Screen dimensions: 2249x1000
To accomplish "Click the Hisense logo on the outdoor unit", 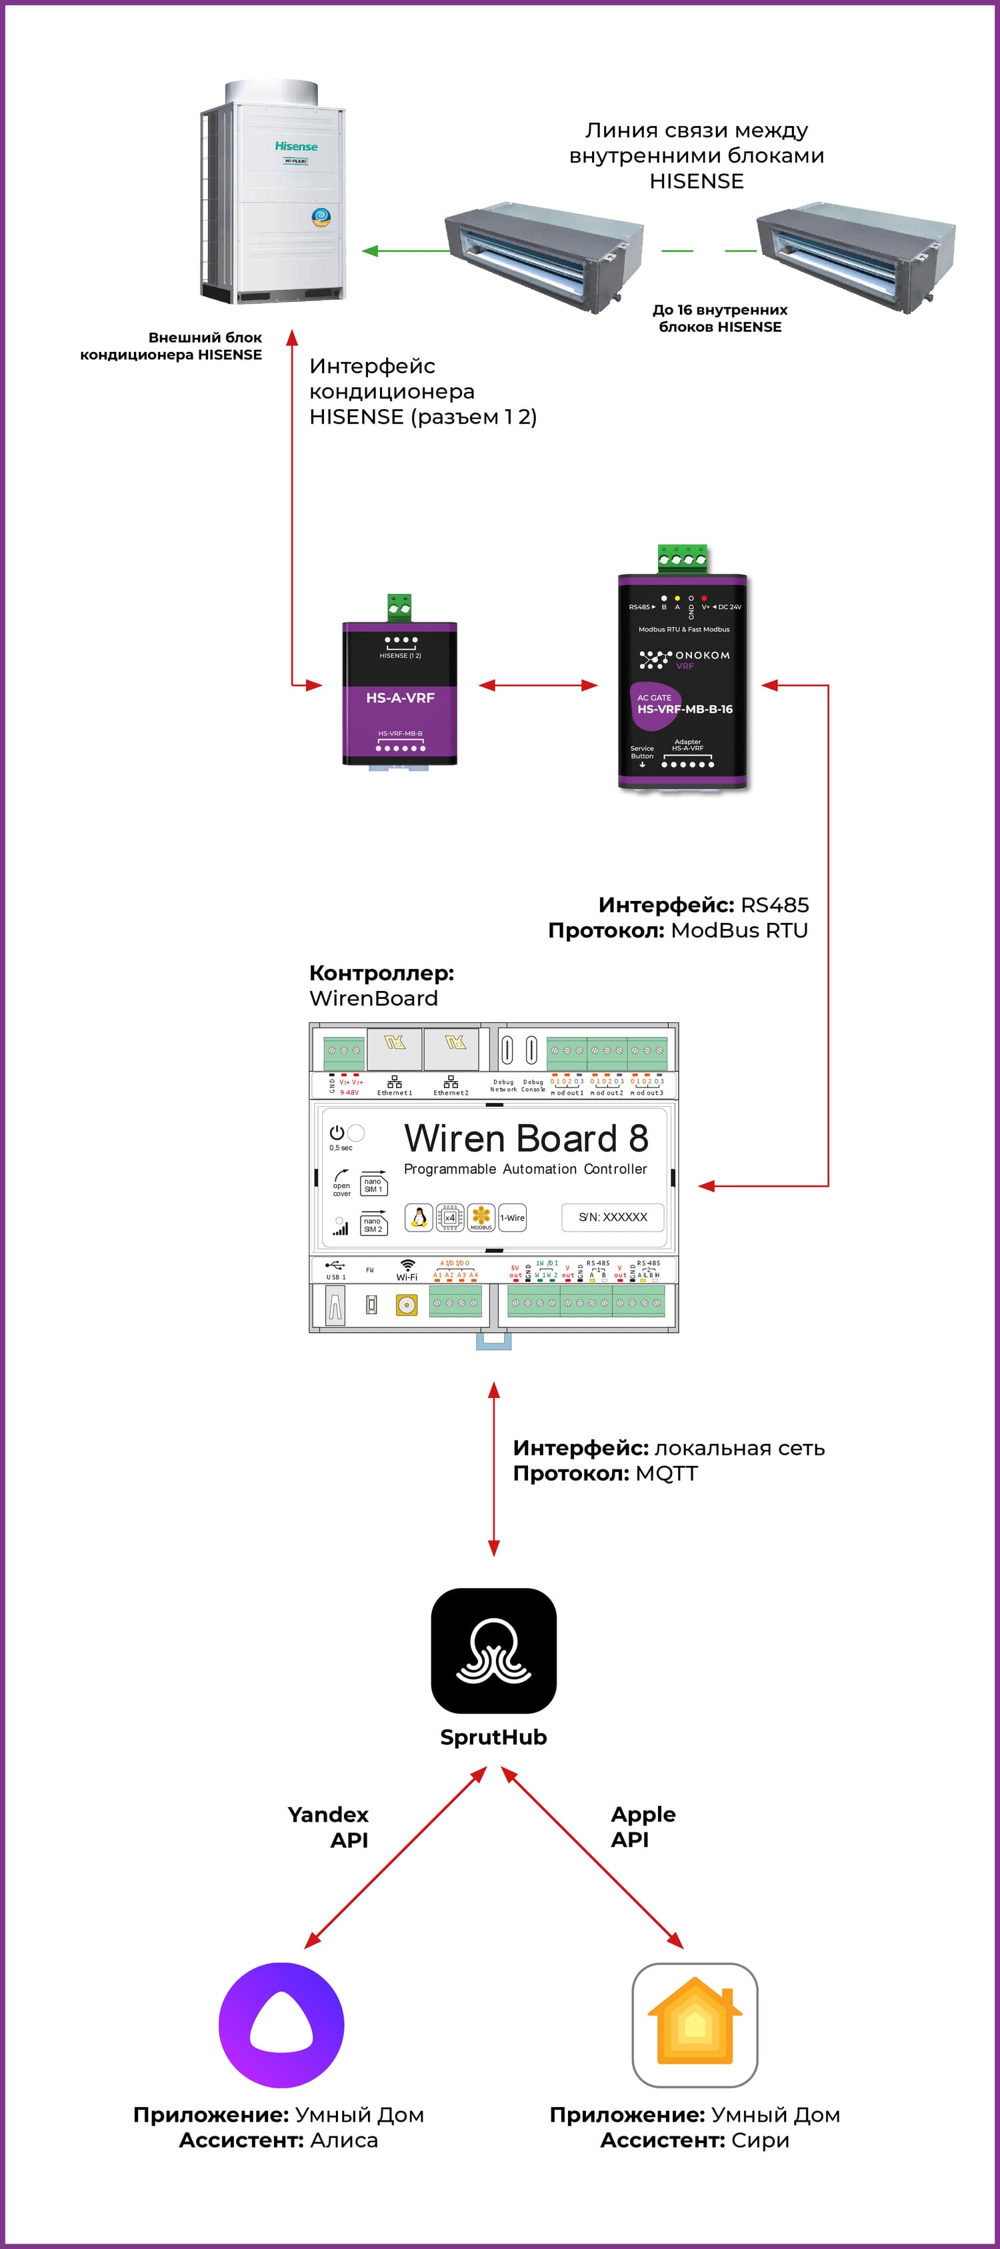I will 296,146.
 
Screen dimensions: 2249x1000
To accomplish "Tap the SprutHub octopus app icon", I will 493,1650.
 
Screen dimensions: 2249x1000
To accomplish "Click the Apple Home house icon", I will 694,2024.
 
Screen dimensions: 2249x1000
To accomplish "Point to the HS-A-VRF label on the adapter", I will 400,698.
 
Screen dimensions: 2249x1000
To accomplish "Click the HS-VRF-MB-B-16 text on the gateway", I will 685,709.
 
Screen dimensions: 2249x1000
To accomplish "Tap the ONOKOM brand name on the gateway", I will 701,655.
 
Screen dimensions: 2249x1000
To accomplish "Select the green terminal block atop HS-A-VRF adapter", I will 400,608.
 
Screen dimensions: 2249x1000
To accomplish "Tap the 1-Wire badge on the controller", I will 512,1217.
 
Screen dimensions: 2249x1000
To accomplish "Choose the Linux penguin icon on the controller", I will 419,1217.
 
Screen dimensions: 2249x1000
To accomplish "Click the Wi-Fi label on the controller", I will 407,1276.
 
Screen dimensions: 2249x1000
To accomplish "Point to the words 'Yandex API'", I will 330,1827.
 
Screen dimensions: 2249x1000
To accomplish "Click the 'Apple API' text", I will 642,1827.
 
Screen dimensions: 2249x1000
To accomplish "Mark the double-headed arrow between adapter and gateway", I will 538,685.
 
